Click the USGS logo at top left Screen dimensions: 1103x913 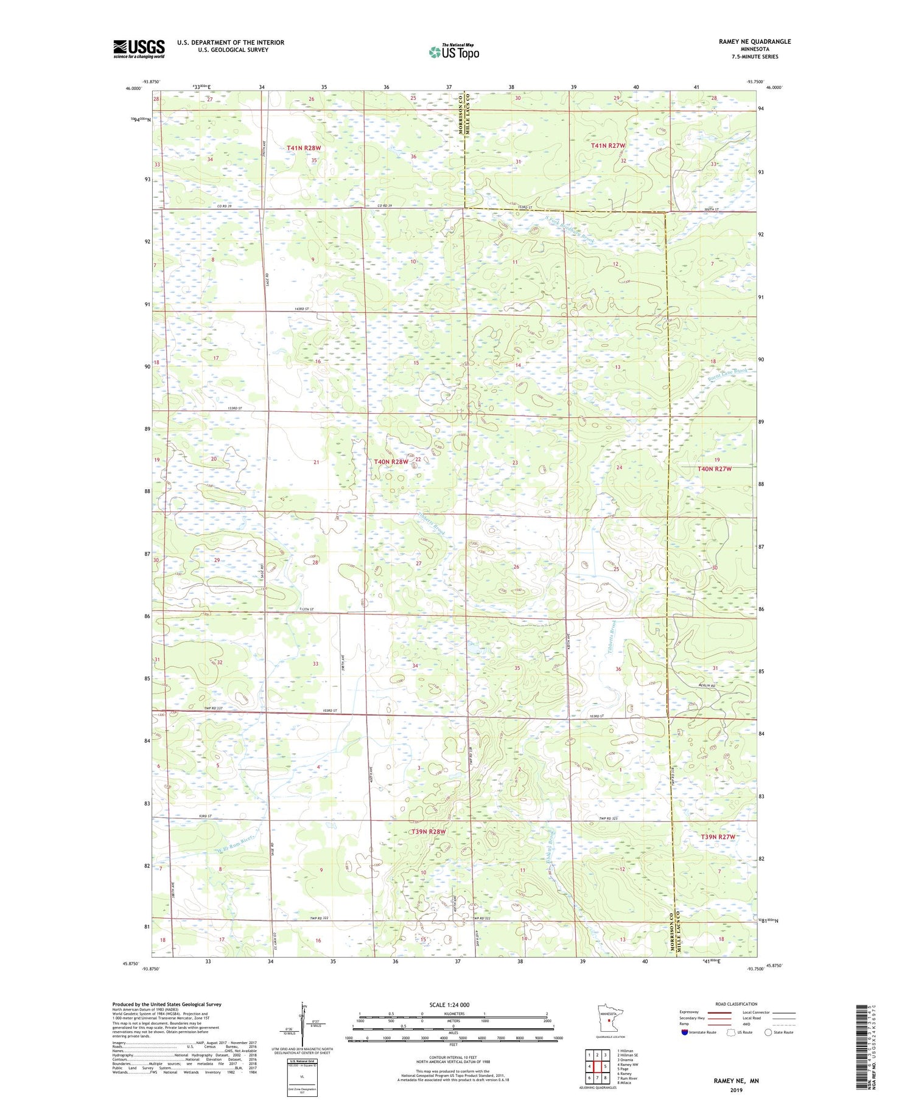point(139,49)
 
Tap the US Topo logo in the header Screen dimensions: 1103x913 point(453,52)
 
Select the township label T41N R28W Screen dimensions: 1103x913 point(303,148)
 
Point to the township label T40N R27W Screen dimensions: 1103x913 point(714,469)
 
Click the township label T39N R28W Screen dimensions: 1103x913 point(429,831)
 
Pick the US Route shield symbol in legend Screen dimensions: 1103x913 point(731,1032)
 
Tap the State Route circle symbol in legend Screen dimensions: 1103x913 point(769,1032)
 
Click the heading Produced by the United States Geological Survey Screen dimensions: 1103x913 point(166,1004)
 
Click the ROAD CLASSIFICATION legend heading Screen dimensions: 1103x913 point(736,1004)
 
